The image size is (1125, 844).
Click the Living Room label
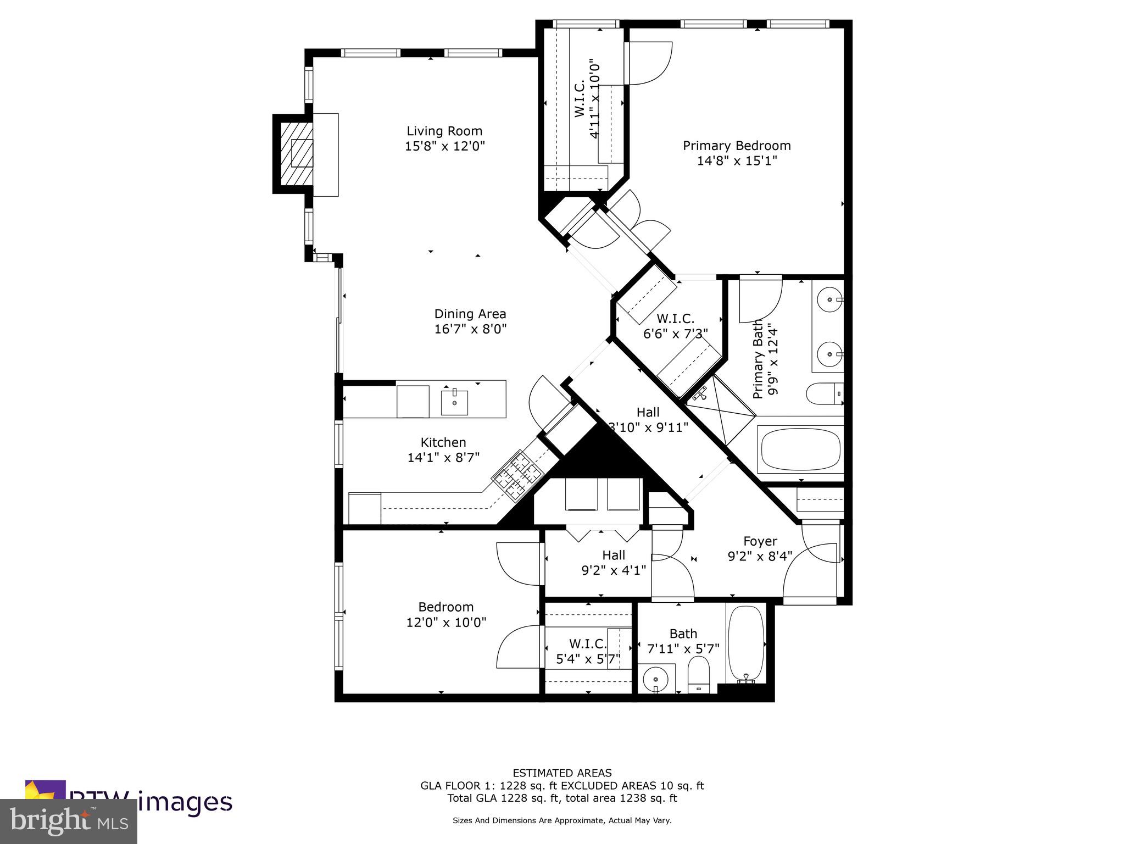pos(444,131)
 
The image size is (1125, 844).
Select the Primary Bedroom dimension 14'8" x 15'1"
pos(737,161)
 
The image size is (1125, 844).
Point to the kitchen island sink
pos(454,403)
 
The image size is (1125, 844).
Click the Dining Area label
pos(470,314)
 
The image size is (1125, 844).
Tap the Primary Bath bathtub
pos(800,449)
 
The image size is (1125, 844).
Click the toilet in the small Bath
pos(699,676)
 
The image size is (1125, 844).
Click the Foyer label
pos(760,541)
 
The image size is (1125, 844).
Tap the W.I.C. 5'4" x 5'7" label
pos(588,651)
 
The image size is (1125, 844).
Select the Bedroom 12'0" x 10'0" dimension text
pos(446,623)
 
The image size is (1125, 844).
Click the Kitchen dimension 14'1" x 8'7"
pos(443,457)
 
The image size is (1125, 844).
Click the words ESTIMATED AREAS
pos(562,773)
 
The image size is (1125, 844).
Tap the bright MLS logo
pos(68,821)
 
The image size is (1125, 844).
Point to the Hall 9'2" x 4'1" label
pos(613,563)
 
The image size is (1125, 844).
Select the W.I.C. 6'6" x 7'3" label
pos(675,326)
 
